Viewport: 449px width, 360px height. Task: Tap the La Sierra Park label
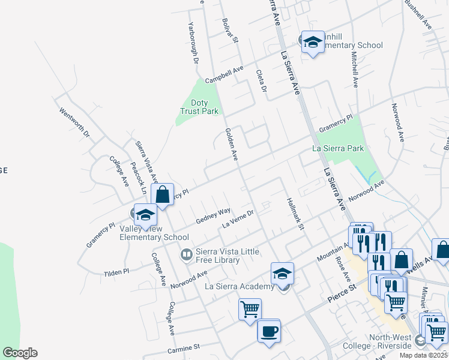pyautogui.click(x=338, y=148)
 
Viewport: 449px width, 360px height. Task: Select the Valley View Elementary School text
pyautogui.click(x=154, y=233)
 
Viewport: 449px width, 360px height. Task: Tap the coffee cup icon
pyautogui.click(x=269, y=331)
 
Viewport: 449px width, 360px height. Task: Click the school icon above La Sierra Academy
pyautogui.click(x=282, y=273)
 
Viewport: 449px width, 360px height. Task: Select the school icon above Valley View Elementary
pyautogui.click(x=145, y=214)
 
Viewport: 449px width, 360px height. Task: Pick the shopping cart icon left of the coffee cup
pyautogui.click(x=250, y=310)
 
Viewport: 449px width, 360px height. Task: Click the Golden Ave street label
pyautogui.click(x=232, y=144)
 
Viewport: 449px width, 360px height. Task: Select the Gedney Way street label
pyautogui.click(x=213, y=216)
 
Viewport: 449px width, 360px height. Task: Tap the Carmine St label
pyautogui.click(x=184, y=347)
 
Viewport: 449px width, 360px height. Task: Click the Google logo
pyautogui.click(x=20, y=353)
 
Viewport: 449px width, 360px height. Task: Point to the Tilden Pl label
pyautogui.click(x=116, y=272)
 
